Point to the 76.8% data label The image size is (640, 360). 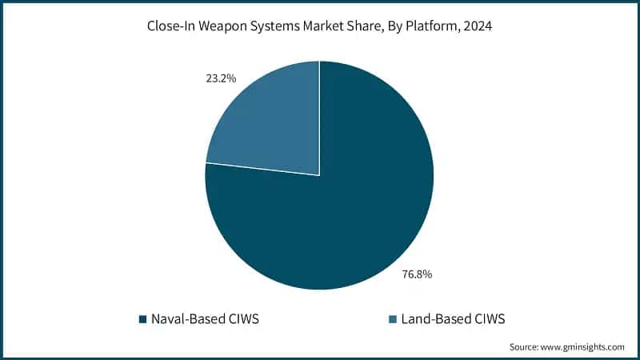point(416,274)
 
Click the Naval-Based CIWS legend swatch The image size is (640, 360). point(142,319)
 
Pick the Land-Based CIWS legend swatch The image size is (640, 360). point(391,319)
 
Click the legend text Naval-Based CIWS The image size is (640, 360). point(204,318)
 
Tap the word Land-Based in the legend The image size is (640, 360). point(434,318)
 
